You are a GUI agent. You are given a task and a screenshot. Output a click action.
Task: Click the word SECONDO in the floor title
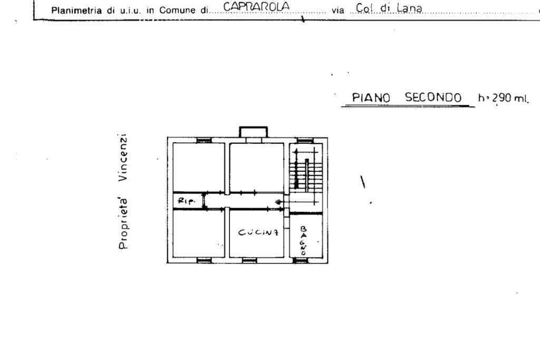tap(433, 98)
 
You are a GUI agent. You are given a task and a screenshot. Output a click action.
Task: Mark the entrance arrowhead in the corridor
tap(278, 202)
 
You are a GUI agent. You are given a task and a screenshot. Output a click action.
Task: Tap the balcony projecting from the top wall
tap(254, 132)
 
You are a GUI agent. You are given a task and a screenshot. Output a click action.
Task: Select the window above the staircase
tap(304, 140)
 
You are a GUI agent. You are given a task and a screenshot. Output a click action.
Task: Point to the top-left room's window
tap(204, 140)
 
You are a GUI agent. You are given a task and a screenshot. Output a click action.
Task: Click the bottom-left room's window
tap(204, 260)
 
